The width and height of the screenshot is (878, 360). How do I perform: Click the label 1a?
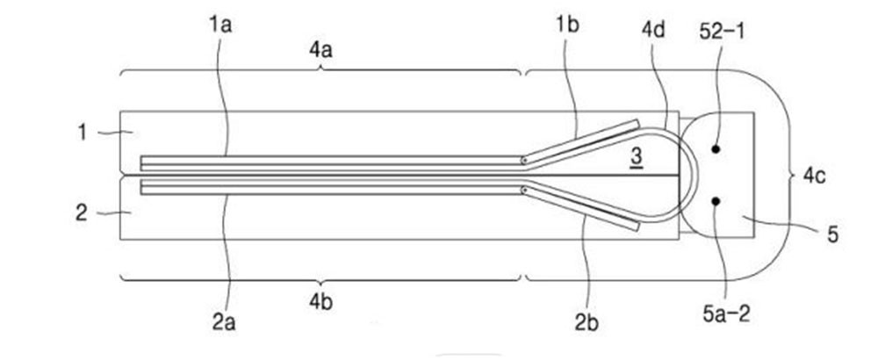pos(220,25)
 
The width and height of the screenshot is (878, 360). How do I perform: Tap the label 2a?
pos(223,322)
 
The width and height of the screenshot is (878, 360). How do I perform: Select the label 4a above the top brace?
pos(320,50)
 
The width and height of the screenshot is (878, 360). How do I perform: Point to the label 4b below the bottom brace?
pos(320,301)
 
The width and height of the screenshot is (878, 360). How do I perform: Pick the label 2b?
pos(587,323)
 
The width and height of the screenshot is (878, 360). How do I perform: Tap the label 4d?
pos(653,30)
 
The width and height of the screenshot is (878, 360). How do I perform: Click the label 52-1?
pos(723,32)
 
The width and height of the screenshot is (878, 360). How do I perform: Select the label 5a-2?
pos(726,314)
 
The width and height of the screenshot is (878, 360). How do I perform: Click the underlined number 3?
pos(636,158)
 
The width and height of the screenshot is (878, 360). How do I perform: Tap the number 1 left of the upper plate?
pos(83,133)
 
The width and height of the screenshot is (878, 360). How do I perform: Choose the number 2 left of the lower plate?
pos(82,213)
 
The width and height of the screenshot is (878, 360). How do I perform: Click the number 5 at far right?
pos(833,234)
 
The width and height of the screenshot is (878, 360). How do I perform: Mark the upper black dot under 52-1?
pos(715,149)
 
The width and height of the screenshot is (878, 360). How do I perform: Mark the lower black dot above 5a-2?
pos(715,200)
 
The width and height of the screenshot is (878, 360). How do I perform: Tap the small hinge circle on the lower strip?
pos(523,191)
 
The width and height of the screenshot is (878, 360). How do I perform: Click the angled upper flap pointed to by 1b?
pos(580,143)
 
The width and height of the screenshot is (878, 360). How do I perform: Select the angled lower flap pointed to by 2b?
pos(580,208)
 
